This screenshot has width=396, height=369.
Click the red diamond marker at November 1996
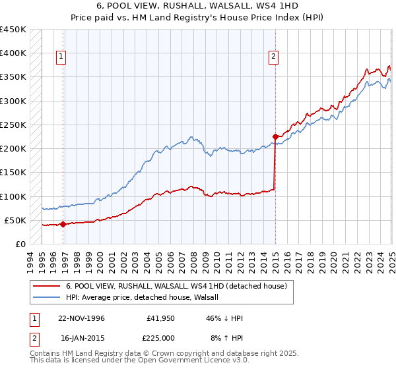coord(63,224)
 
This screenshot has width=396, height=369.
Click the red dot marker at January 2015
coord(275,137)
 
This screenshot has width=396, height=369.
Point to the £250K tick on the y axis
coord(13,125)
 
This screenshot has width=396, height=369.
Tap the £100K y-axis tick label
coord(13,196)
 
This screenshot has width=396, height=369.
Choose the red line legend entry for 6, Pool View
coord(176,286)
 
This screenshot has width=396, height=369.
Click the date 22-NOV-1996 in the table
coord(82,318)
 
